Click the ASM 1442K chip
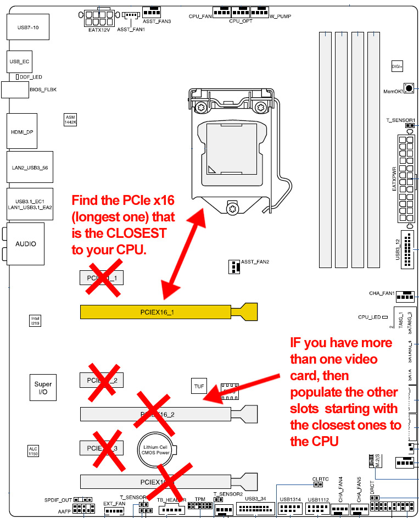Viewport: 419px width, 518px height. tap(70, 121)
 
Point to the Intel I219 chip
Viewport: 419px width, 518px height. tap(35, 320)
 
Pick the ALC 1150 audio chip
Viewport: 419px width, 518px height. tap(33, 452)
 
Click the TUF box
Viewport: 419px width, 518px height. tap(199, 386)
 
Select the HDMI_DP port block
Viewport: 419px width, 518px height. tap(23, 131)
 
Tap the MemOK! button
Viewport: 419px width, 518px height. tap(409, 88)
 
